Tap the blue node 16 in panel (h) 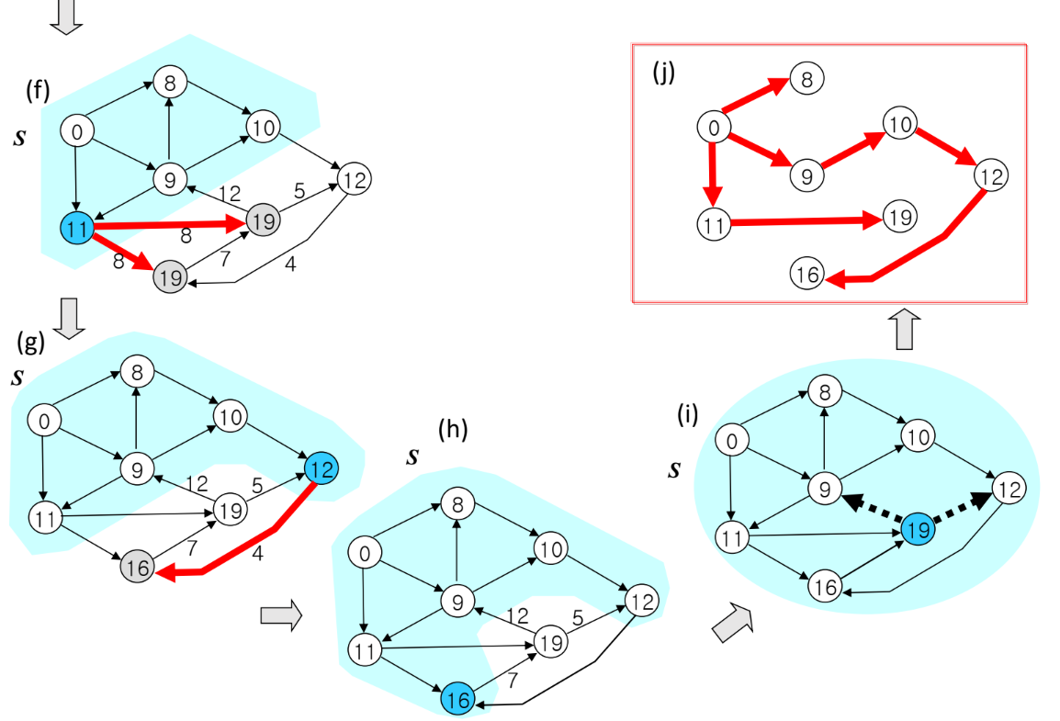pyautogui.click(x=458, y=698)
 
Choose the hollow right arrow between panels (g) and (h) pyautogui.click(x=281, y=615)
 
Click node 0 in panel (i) pyautogui.click(x=731, y=442)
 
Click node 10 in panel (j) pyautogui.click(x=900, y=122)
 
